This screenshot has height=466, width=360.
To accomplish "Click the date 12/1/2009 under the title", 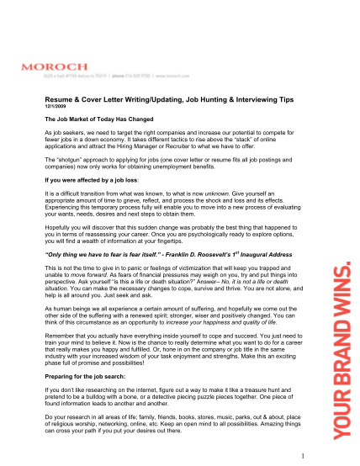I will pyautogui.click(x=56, y=107).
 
